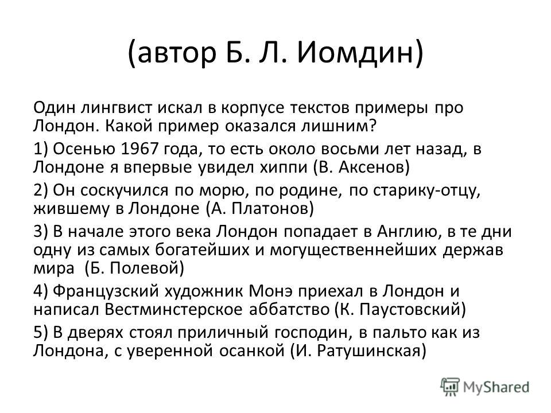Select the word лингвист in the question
(117, 107)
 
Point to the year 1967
(140, 149)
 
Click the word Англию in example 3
(408, 232)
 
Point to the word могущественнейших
(353, 250)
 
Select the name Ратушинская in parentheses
(368, 351)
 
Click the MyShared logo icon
(450, 387)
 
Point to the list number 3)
(40, 232)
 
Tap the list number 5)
(40, 333)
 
